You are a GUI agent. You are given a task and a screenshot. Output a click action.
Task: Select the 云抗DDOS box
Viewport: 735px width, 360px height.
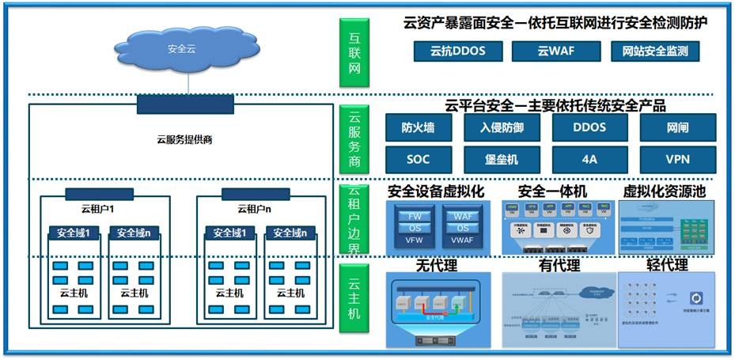click(x=457, y=51)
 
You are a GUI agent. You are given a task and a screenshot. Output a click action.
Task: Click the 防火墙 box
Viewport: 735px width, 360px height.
click(x=419, y=127)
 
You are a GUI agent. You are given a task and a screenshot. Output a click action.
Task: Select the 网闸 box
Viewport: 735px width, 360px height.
click(x=677, y=127)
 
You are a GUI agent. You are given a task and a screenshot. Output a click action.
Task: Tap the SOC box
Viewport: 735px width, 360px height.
click(x=419, y=159)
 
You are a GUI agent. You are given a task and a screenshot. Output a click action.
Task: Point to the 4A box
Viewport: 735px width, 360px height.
click(x=589, y=159)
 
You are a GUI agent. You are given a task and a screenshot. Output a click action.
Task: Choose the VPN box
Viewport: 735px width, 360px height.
click(x=677, y=159)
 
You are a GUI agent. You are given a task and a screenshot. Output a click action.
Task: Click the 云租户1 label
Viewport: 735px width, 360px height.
click(x=99, y=209)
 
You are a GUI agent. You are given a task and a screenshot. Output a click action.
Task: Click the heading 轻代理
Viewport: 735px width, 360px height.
click(x=666, y=266)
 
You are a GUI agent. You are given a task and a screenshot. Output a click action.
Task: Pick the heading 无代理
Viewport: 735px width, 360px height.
click(x=436, y=266)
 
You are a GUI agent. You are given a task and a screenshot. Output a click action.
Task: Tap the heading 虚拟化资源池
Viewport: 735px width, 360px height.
click(x=665, y=192)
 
